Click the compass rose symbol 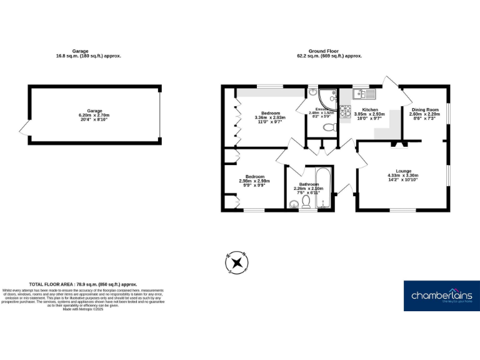coord(236,262)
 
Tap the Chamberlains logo coord(442,296)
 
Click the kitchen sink coord(363,94)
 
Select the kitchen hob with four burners coord(345,114)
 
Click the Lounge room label coord(403,171)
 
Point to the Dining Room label coord(424,109)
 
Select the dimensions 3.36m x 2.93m coord(270,117)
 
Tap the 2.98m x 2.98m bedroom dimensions coord(254,181)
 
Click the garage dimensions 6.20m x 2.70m coord(94,116)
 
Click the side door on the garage coord(24,129)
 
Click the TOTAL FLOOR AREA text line coord(82,284)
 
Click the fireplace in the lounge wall coord(398,144)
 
